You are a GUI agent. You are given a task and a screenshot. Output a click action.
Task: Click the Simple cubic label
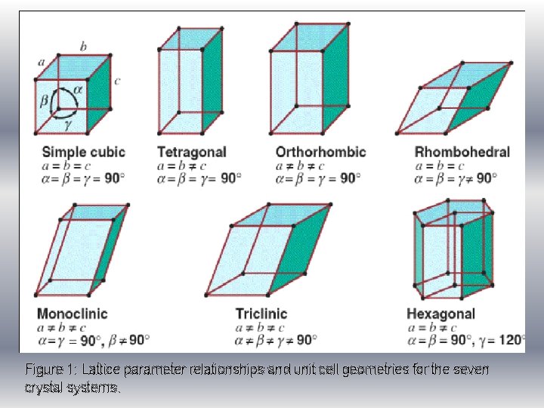tap(83, 152)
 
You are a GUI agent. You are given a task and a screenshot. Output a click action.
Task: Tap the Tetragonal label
tap(192, 152)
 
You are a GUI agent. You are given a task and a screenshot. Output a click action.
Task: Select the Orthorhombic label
tap(320, 152)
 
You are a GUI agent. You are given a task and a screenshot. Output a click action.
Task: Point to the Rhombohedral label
tap(462, 152)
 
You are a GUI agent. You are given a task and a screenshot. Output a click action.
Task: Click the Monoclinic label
tap(72, 314)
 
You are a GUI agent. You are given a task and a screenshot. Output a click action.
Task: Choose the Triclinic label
tap(261, 314)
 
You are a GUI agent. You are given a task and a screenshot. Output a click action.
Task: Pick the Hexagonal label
tap(440, 314)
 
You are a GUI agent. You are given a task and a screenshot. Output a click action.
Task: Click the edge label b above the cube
tap(82, 47)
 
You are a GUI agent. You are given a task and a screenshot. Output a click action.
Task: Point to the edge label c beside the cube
tap(118, 81)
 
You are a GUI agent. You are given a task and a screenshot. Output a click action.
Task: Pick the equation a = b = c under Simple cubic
tap(60, 165)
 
